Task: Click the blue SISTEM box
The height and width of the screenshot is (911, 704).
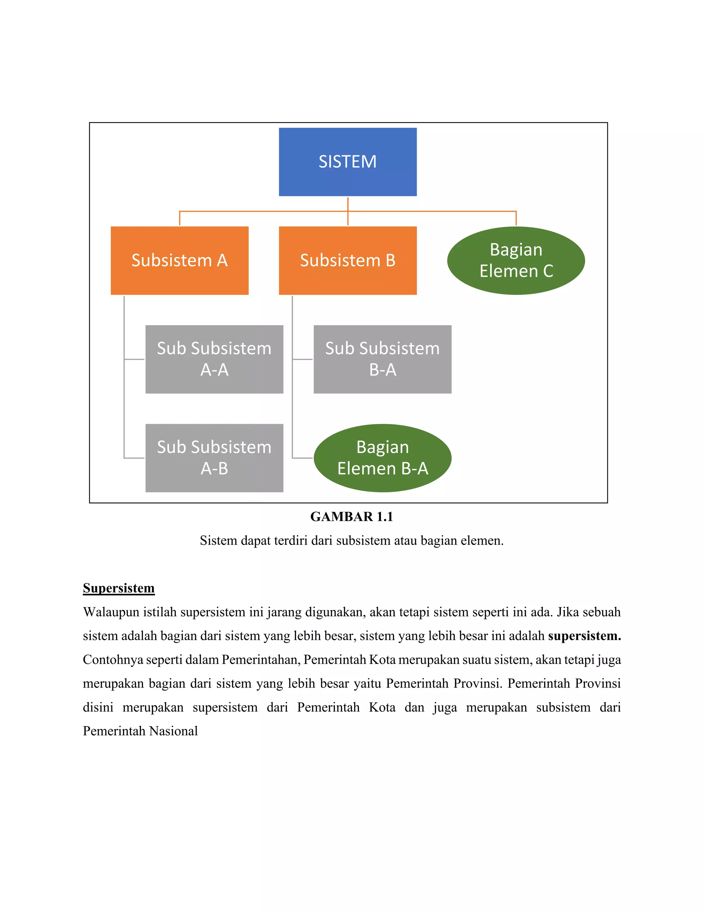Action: coord(348,162)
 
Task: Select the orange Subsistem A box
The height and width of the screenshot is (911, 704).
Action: coord(179,260)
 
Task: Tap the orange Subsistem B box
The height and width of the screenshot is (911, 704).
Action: coord(348,260)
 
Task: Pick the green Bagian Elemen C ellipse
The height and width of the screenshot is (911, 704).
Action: coord(516,260)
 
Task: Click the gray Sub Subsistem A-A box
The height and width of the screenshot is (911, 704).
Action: coord(214,359)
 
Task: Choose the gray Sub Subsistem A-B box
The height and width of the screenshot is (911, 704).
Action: coord(214,458)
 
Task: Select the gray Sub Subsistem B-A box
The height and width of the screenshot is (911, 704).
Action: coord(382,359)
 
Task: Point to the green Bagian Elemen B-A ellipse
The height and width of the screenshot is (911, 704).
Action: coord(382,458)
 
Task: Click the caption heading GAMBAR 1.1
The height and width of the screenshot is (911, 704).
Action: coord(352,516)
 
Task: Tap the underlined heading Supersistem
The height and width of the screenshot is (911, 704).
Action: coord(119,588)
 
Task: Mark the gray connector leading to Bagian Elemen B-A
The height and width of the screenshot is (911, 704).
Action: coord(302,458)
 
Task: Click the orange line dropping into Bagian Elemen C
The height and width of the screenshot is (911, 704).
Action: coord(516,218)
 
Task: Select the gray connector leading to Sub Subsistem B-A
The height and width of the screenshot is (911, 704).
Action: coord(302,359)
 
